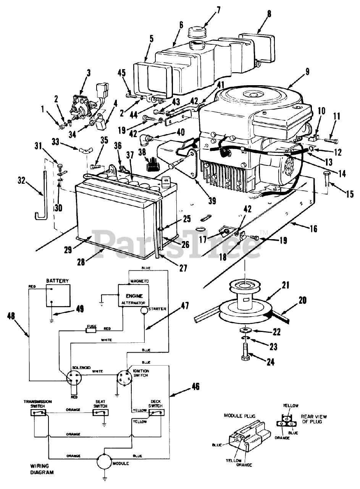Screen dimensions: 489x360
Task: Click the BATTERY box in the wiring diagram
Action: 58,295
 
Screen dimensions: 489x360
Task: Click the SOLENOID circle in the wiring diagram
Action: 74,378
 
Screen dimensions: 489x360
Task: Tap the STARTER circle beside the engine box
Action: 144,310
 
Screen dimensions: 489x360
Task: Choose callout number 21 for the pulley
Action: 286,285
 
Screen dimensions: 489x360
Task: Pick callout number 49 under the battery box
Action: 80,308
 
